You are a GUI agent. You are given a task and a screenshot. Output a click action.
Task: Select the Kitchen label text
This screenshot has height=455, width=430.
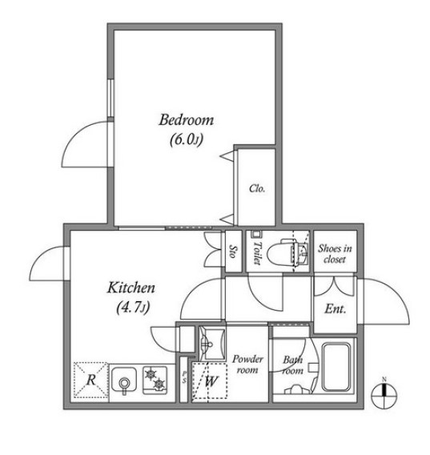pyautogui.click(x=131, y=288)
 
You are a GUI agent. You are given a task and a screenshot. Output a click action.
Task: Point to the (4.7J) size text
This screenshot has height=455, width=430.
pyautogui.click(x=131, y=306)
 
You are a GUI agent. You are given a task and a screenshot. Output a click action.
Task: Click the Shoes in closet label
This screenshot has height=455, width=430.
pyautogui.click(x=332, y=253)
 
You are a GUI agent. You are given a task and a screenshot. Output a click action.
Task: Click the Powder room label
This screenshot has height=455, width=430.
pyautogui.click(x=247, y=364)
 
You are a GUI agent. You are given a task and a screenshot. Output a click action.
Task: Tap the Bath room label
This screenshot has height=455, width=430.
pyautogui.click(x=291, y=364)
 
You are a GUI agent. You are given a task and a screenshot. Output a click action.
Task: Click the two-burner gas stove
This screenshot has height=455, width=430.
pyautogui.click(x=156, y=380)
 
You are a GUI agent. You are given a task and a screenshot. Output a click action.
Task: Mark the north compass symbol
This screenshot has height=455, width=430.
pyautogui.click(x=384, y=392)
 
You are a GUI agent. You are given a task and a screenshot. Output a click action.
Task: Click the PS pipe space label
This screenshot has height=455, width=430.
pyautogui.click(x=183, y=376)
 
